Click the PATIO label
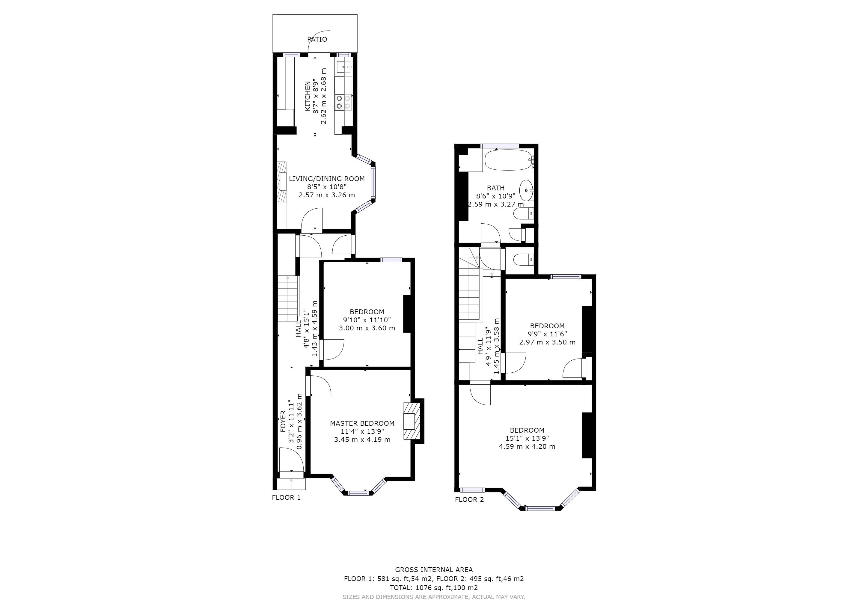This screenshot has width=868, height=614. [x=317, y=39]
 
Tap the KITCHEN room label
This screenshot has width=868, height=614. [x=308, y=96]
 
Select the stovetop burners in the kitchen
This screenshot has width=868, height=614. [x=343, y=102]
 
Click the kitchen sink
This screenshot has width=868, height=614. [x=344, y=67]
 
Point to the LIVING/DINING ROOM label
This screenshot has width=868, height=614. [x=327, y=179]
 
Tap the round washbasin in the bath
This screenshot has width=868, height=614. [x=526, y=190]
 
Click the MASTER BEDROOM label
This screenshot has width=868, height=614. [x=362, y=423]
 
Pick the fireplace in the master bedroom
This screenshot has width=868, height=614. [x=412, y=421]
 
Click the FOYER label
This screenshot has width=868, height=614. [x=283, y=422]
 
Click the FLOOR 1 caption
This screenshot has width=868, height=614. [x=286, y=498]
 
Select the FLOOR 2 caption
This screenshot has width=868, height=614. [x=469, y=499]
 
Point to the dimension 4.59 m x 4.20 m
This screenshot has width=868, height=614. [x=527, y=446]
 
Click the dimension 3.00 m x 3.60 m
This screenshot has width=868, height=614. [x=367, y=328]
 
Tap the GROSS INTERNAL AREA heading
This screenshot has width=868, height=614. [x=434, y=570]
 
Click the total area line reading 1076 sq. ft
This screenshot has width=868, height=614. [x=434, y=588]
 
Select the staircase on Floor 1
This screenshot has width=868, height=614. [x=288, y=298]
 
